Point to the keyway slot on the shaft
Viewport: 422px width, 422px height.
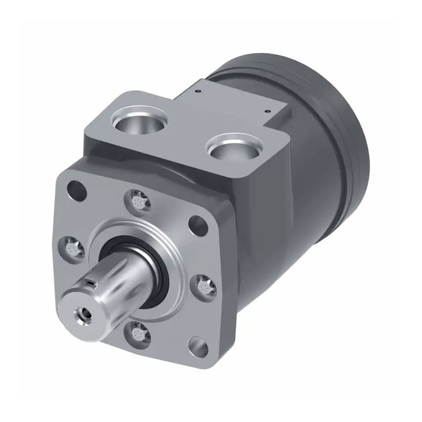[x=92, y=284]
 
